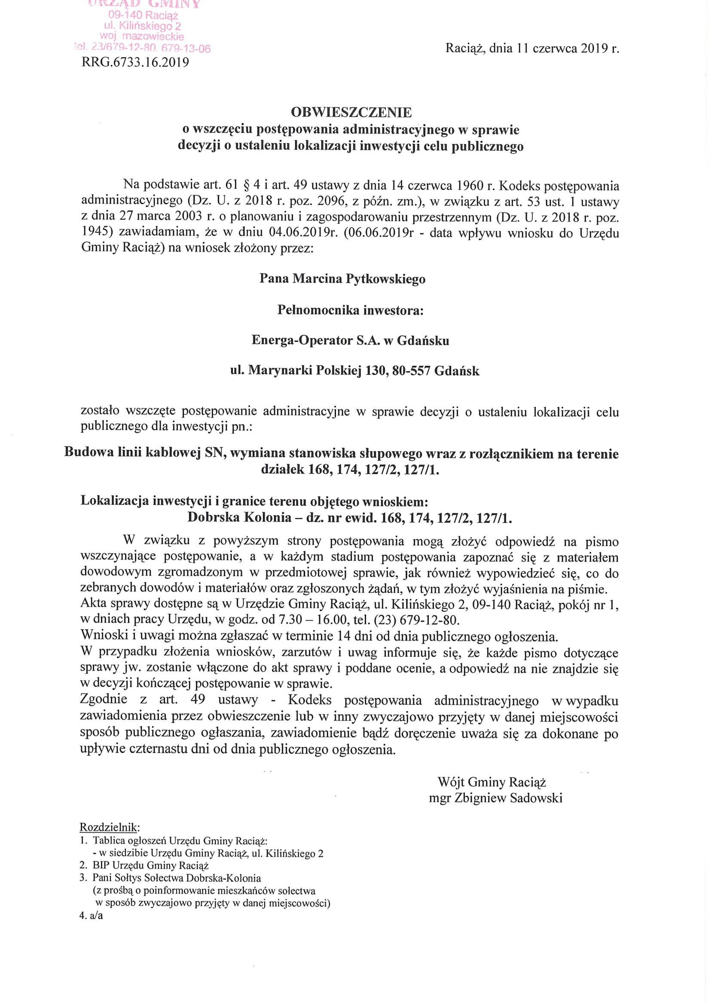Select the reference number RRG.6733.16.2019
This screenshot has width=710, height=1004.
(x=135, y=62)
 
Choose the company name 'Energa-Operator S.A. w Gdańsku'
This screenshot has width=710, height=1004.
(x=350, y=341)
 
